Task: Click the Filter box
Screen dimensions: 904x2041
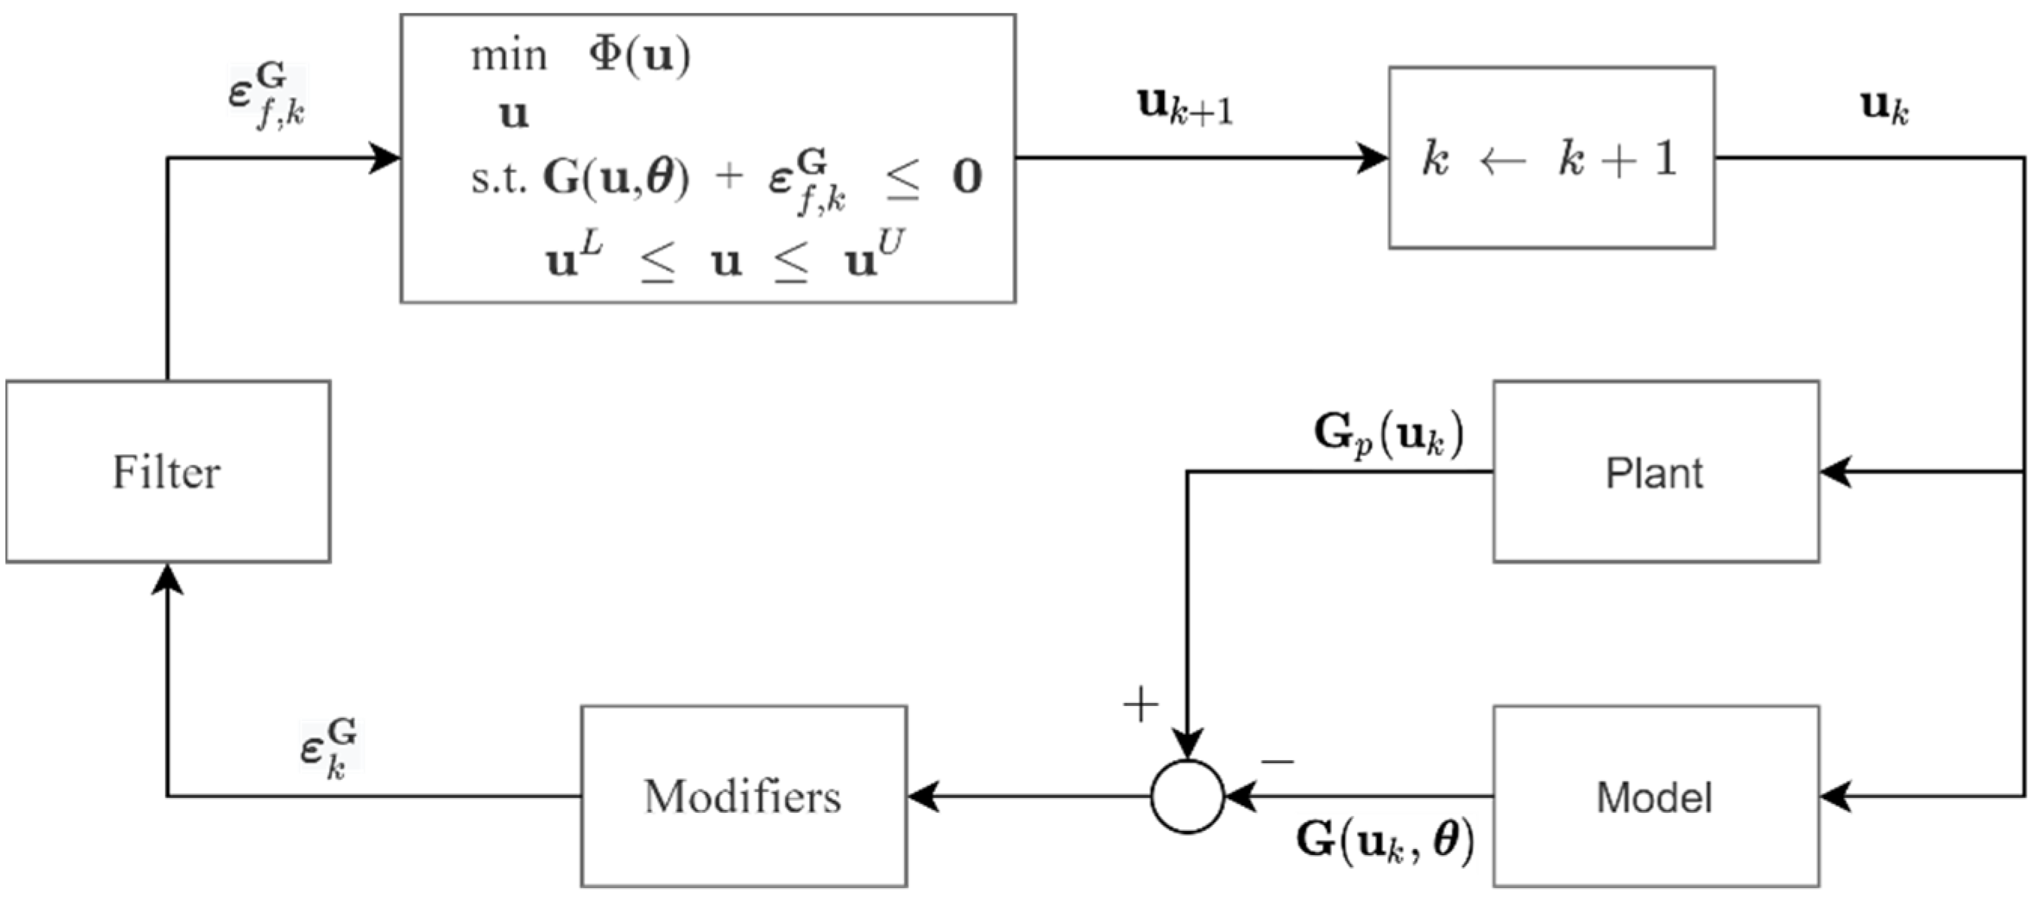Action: tap(168, 471)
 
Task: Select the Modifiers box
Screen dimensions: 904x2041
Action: tap(744, 796)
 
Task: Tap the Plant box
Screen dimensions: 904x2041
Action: tap(1655, 471)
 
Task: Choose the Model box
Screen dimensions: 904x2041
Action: tap(1655, 796)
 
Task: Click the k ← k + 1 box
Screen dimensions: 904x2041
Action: tap(1551, 157)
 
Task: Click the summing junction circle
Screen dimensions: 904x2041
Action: tap(1187, 796)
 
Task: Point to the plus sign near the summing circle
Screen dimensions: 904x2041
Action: tap(1141, 704)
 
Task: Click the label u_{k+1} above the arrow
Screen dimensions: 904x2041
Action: tap(1185, 107)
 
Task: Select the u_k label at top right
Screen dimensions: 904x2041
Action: tap(1884, 107)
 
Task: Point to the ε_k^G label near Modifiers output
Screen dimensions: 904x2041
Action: tap(328, 748)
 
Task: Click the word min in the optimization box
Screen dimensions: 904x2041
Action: tap(509, 57)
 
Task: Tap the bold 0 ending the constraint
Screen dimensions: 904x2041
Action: tap(966, 178)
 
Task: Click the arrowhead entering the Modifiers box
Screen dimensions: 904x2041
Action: tap(921, 796)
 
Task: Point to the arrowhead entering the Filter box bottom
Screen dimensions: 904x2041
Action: tap(168, 578)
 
